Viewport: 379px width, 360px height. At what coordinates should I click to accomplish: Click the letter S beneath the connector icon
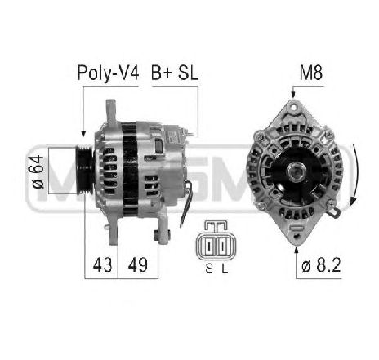pyautogui.click(x=207, y=266)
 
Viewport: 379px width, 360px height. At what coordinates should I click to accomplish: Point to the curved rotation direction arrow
pyautogui.click(x=352, y=173)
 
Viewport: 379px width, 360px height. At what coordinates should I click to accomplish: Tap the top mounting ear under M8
pyautogui.click(x=293, y=111)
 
